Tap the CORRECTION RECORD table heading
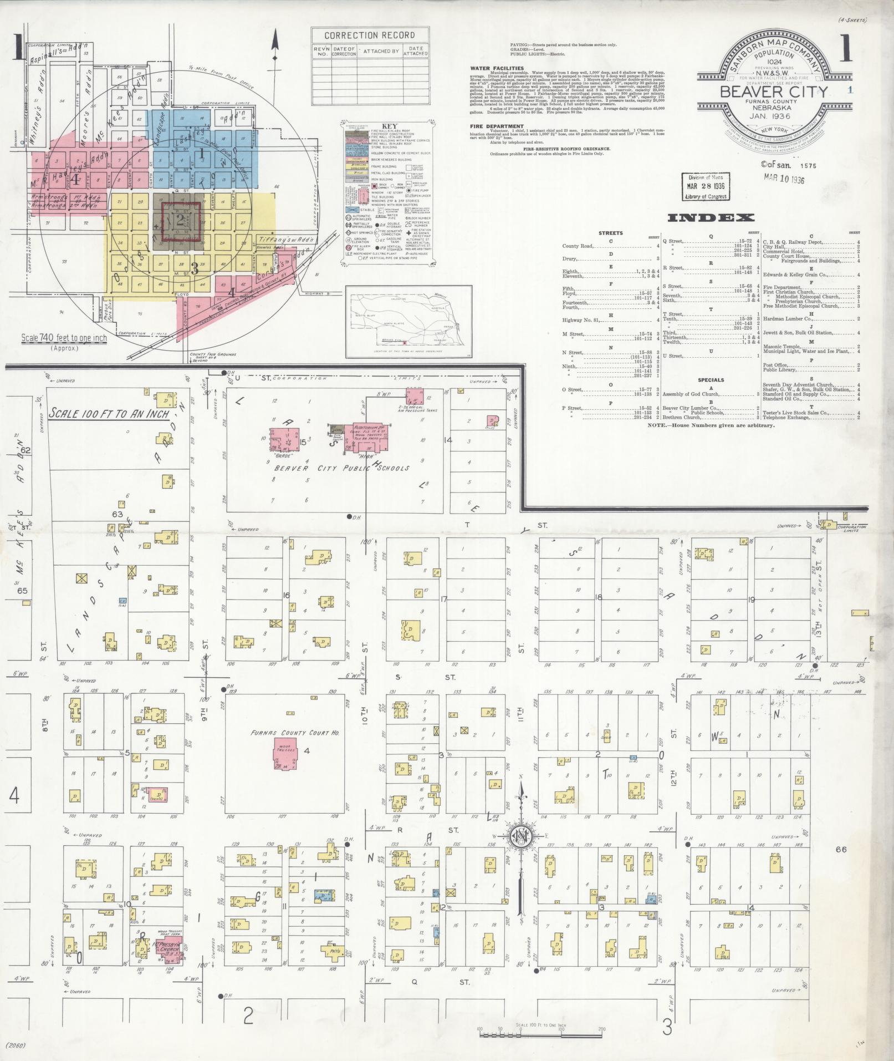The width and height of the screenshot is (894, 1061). tap(369, 35)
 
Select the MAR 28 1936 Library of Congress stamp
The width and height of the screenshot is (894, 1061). tap(704, 186)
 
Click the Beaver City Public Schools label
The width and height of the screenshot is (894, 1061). tap(340, 468)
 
